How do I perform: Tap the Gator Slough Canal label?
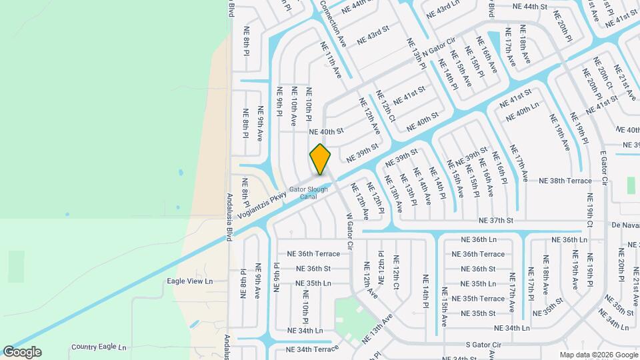click(x=308, y=193)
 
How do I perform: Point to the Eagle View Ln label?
click(x=189, y=281)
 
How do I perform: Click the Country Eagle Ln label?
click(x=99, y=347)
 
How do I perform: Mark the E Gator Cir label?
click(x=603, y=168)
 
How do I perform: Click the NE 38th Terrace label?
click(x=565, y=181)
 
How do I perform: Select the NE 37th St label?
click(x=496, y=220)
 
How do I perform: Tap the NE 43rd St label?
click(x=373, y=36)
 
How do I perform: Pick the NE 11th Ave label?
click(x=331, y=60)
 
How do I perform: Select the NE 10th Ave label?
click(x=293, y=107)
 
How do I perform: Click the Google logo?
click(x=22, y=352)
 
